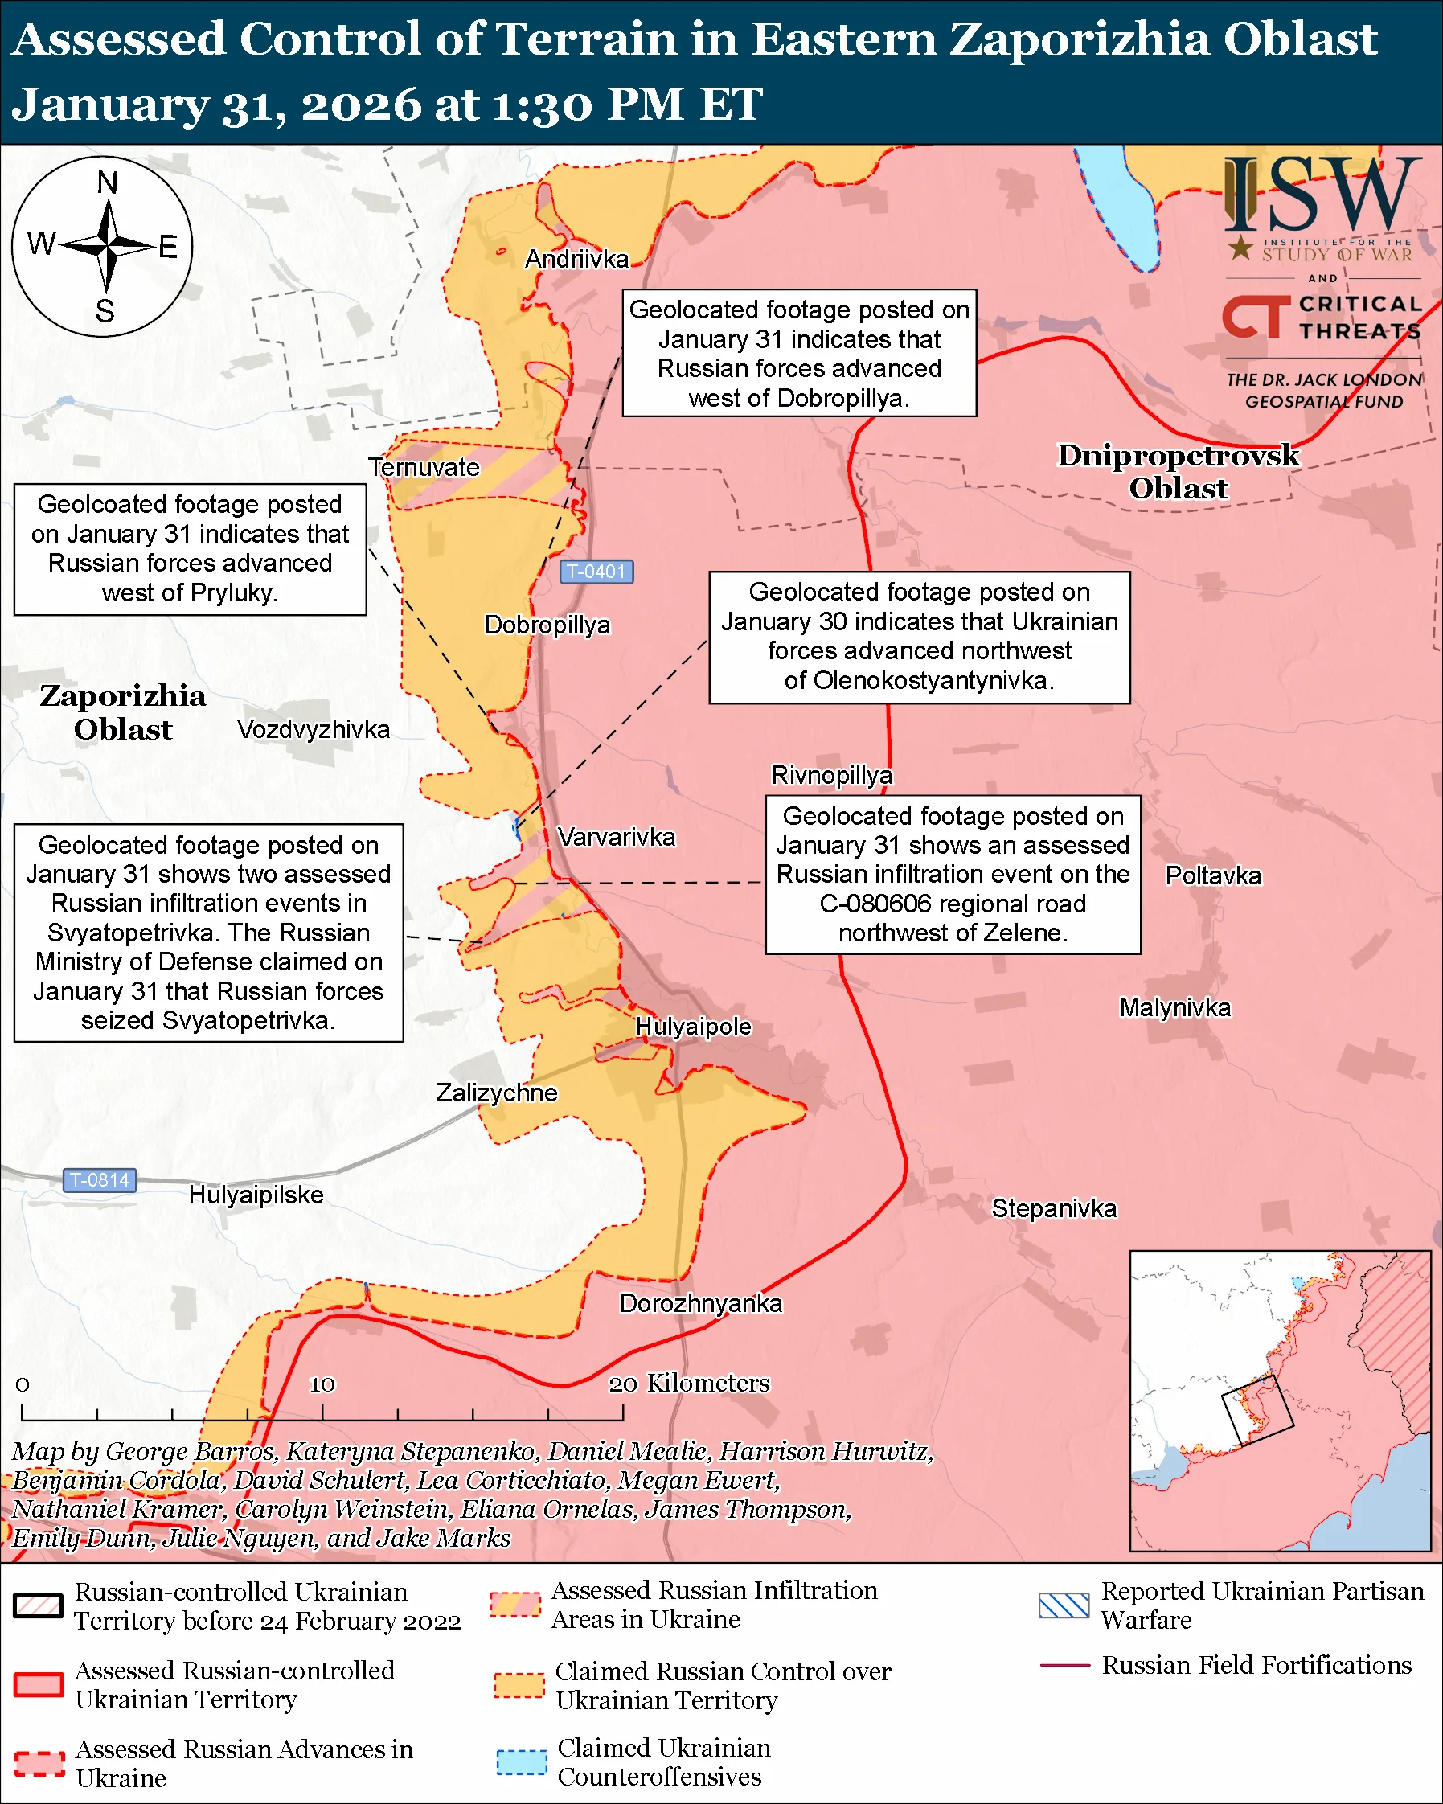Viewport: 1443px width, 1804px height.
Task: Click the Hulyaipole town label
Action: (694, 1027)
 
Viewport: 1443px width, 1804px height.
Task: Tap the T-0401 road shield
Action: (596, 572)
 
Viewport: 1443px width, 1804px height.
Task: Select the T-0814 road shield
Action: (100, 1180)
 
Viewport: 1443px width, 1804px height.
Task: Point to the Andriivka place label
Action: (576, 260)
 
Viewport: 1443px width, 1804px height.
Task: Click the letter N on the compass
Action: (107, 182)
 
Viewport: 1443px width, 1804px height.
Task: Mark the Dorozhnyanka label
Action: (700, 1304)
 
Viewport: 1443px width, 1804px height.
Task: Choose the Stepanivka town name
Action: (1054, 1208)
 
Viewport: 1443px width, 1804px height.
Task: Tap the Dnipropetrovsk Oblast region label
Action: (1178, 472)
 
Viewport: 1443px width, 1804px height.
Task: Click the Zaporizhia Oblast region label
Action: (123, 712)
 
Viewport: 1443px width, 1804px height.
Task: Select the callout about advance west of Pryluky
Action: (190, 549)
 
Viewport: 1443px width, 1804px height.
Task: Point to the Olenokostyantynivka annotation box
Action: (920, 637)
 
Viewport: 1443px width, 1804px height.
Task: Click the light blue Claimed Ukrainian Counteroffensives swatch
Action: (521, 1761)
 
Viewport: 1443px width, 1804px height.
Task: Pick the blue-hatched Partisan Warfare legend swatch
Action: (1064, 1605)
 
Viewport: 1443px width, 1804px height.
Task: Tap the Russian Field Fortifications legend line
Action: (1064, 1665)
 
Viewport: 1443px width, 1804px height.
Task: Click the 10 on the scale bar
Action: (322, 1385)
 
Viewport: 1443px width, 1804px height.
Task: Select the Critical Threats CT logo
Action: (1256, 317)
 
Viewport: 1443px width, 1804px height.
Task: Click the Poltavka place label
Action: (1213, 876)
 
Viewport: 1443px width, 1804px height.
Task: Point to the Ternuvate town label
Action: (424, 467)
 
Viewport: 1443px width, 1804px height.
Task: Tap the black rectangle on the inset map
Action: (1257, 1411)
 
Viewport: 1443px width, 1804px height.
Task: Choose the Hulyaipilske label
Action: (256, 1195)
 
